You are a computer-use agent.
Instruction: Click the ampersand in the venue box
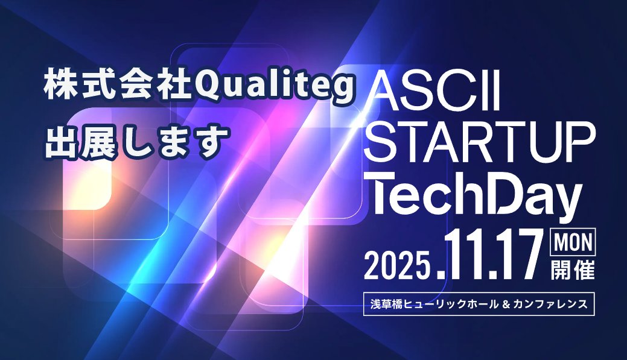tap(503, 304)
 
